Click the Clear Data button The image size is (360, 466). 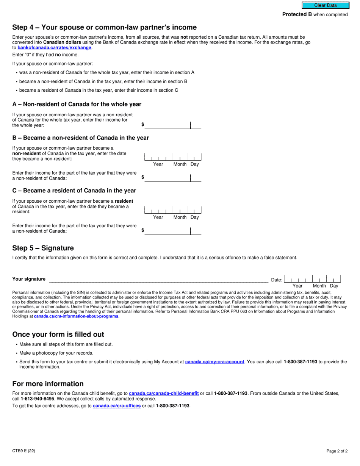[325, 5]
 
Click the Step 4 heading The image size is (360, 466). [104, 27]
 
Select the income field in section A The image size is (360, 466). [172, 125]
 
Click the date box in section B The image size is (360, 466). [172, 157]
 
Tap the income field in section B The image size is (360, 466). [172, 178]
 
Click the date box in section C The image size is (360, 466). [172, 210]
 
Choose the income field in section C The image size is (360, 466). [172, 231]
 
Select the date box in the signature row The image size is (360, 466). [312, 279]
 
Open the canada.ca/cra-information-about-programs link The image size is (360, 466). [76, 316]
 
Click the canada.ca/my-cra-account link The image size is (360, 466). [214, 362]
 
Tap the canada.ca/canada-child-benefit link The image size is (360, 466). [164, 394]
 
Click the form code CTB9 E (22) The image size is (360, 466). [24, 451]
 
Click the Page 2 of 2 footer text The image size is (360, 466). [337, 451]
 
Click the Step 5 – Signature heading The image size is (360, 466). [43, 248]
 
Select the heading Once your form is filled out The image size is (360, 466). [58, 335]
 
